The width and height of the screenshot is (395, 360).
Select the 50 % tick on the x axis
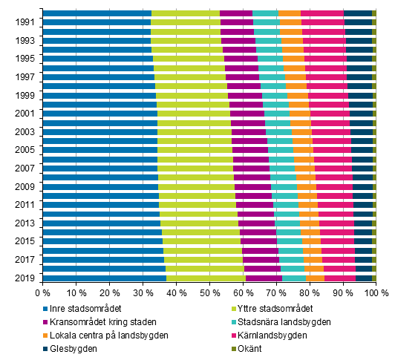click(x=209, y=294)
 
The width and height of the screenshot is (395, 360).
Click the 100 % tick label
click(x=375, y=294)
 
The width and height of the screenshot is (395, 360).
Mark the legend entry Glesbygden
click(x=78, y=348)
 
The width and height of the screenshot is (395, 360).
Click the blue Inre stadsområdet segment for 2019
click(x=104, y=278)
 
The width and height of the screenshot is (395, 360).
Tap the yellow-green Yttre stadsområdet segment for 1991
click(x=186, y=23)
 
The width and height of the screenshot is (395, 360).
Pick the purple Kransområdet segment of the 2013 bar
click(x=257, y=223)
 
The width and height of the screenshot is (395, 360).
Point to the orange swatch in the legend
click(x=49, y=336)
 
